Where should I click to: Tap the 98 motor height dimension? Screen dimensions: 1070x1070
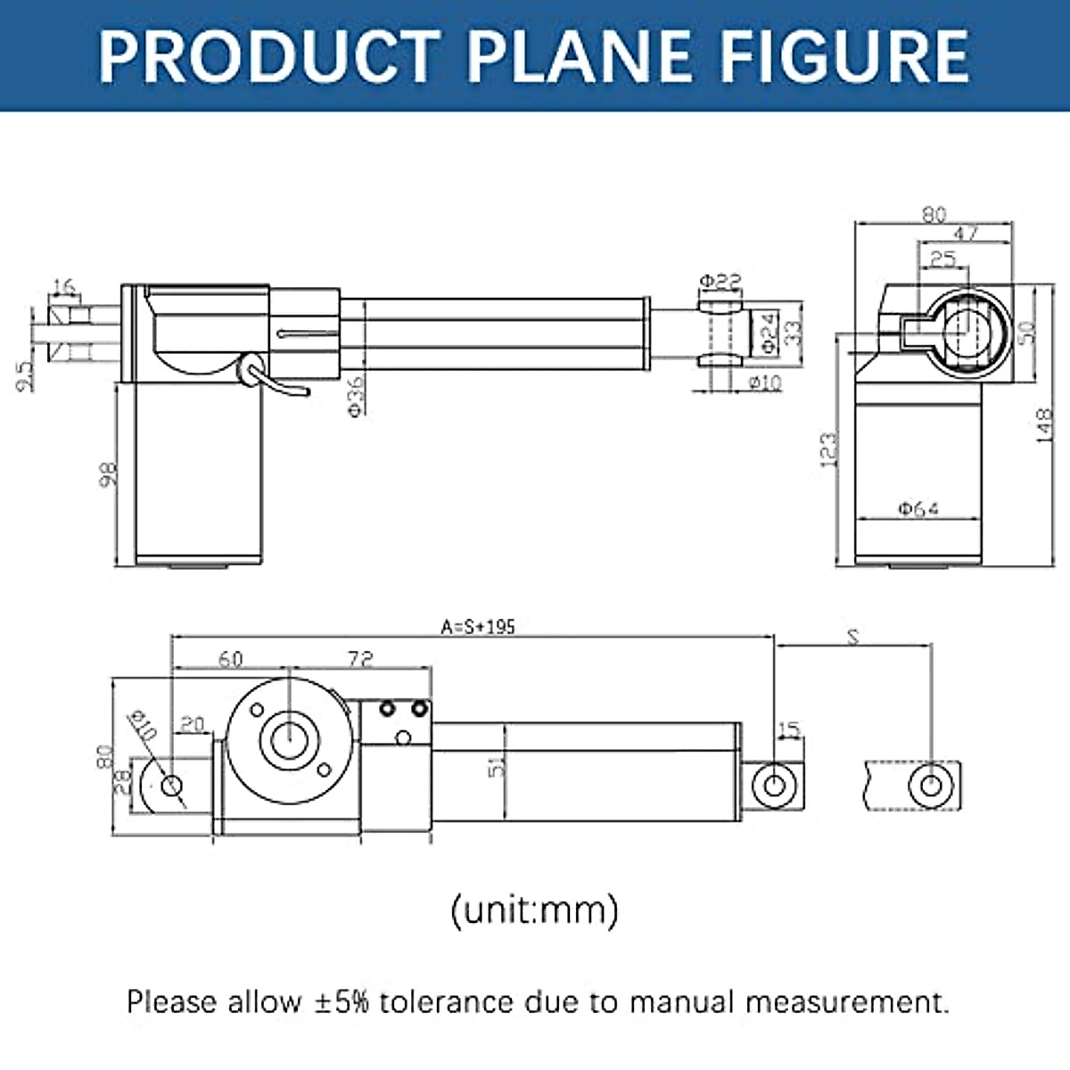coord(107,473)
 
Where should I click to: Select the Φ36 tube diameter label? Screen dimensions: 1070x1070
coord(355,396)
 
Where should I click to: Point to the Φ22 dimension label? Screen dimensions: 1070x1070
coord(720,281)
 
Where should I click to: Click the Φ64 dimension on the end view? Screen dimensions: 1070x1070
coord(918,508)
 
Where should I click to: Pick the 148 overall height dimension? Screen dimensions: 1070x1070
coord(1044,425)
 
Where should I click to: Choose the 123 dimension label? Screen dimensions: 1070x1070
coord(828,449)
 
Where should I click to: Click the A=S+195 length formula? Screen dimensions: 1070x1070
coord(478,627)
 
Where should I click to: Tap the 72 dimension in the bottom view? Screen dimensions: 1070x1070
coord(359,659)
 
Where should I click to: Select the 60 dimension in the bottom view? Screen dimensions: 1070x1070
coord(230,659)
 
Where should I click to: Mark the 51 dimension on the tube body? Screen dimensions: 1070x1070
coord(497,766)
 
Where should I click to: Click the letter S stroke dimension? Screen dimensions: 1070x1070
coord(853,637)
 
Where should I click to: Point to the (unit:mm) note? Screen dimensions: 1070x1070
coord(534,910)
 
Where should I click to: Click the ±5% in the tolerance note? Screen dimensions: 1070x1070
coord(342,1001)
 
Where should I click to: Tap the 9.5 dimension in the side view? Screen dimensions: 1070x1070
coord(26,375)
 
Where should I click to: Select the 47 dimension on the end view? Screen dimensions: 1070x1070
coord(966,234)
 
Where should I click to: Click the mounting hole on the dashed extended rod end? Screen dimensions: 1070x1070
coord(930,786)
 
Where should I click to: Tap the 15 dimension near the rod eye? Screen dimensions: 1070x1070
coord(789,730)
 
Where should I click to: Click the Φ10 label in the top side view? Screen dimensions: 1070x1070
coord(765,383)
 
